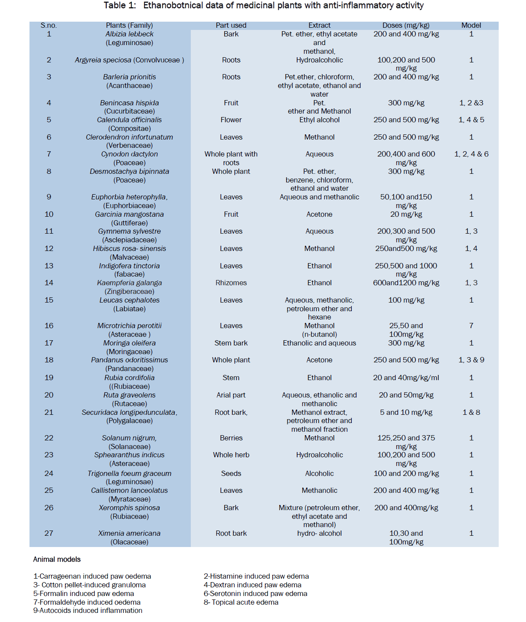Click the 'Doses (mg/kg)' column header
pos(406,25)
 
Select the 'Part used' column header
pos(231,25)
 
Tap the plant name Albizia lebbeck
pos(129,34)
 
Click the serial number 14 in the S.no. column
pos(49,283)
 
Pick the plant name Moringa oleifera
pos(129,343)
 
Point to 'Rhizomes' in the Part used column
pos(231,283)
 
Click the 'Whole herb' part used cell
pos(231,455)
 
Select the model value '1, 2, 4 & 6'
pos(471,154)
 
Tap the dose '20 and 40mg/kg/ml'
pos(406,378)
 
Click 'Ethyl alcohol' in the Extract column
pos(319,120)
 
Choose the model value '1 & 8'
pos(471,412)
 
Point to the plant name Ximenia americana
pos(129,533)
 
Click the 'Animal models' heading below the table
pos(57,559)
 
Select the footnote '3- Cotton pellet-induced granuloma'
pos(89,585)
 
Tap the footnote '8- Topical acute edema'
pos(241,602)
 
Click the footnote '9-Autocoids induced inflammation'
pos(88,610)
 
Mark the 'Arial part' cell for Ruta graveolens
pos(231,395)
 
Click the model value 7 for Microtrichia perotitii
pos(471,326)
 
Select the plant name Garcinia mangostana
pos(129,214)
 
